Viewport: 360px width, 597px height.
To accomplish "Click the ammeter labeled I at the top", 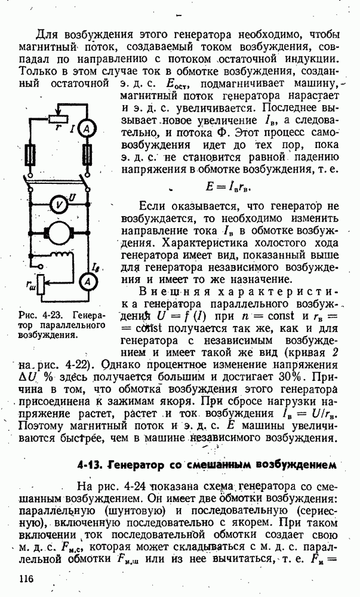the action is click(x=87, y=130).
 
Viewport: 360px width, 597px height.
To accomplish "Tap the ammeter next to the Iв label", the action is click(x=87, y=282).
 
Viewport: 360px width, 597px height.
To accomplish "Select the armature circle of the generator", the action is click(x=59, y=232).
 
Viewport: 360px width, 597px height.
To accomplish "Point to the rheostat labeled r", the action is click(x=59, y=119).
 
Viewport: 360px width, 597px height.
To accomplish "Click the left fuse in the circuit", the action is click(x=30, y=154).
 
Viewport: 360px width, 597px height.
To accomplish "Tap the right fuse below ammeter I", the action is click(x=87, y=154).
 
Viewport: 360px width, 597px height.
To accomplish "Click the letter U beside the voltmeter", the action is click(x=72, y=197).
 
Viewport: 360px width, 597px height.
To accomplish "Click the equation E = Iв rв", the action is click(x=229, y=186).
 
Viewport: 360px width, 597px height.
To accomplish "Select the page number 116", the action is click(x=26, y=579).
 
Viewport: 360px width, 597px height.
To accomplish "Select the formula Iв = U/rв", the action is click(x=308, y=414).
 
